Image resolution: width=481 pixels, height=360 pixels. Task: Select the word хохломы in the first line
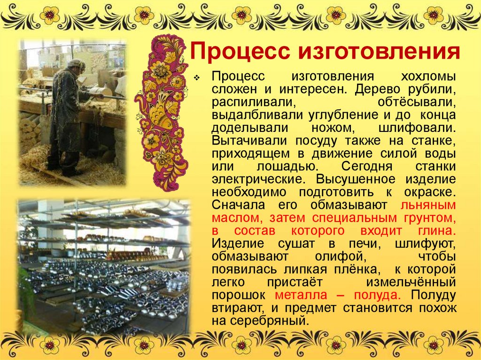pos(428,77)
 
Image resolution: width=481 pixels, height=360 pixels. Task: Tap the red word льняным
pos(428,205)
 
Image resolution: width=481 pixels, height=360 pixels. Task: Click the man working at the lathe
pos(66,117)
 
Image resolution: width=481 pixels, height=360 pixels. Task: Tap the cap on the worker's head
pos(75,63)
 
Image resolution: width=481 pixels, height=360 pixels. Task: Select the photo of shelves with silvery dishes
pos(103,268)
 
